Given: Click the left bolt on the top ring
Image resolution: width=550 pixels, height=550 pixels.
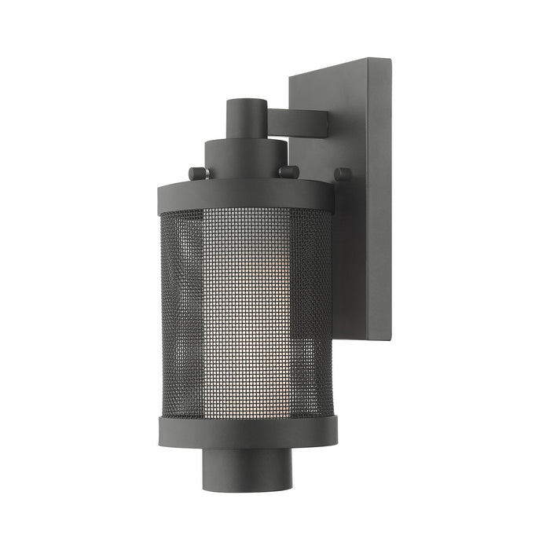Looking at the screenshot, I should coord(196,173).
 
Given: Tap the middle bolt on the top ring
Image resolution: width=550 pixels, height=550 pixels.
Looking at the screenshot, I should coord(289,171).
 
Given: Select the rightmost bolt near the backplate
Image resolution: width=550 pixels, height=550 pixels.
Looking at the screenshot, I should coord(343,174).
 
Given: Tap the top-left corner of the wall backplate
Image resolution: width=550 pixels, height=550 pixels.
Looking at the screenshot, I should coord(291,76).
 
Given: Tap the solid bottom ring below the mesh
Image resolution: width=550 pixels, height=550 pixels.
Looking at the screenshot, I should coord(247,431).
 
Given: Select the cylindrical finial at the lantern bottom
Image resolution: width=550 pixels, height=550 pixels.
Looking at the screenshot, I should coord(245,467).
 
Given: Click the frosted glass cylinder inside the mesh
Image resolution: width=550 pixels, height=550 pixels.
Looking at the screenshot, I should coord(245,314).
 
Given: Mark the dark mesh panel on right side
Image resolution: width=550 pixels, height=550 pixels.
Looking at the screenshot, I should coord(314,314).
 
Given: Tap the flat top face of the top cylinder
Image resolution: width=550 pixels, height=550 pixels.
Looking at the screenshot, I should coord(244,102).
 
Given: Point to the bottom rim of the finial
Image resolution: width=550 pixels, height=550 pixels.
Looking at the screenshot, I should coord(245,489).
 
